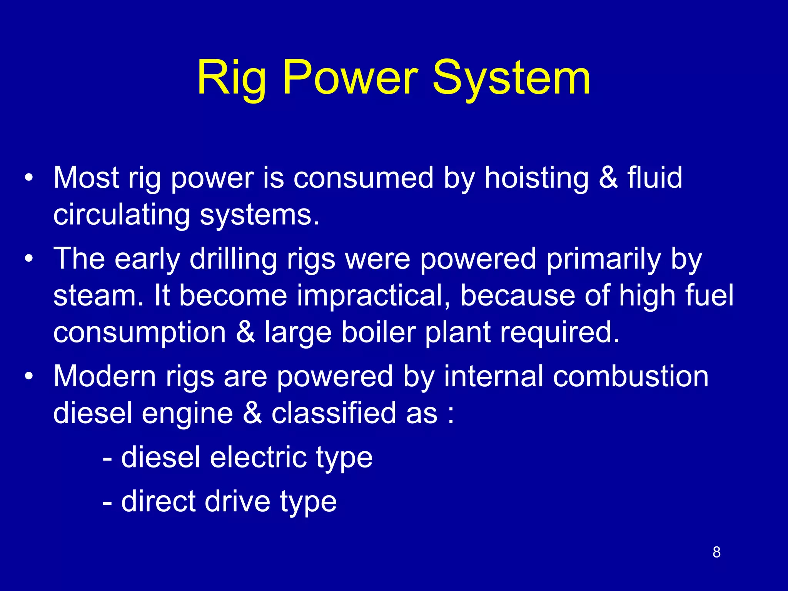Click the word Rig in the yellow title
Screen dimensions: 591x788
click(231, 79)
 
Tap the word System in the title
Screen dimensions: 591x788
click(511, 79)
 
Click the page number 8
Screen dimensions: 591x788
click(716, 552)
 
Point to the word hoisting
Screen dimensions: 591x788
click(536, 179)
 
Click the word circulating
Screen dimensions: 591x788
click(121, 215)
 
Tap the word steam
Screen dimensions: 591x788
click(98, 296)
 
